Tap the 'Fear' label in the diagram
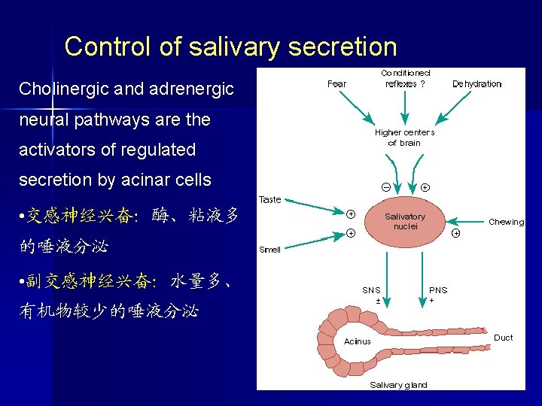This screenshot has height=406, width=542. point(336,83)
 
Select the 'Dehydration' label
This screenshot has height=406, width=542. point(477,83)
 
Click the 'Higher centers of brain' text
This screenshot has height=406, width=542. point(404,138)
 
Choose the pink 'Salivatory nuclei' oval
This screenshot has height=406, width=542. point(405,221)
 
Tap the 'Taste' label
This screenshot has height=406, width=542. point(270,199)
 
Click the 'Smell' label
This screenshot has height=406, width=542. point(269,250)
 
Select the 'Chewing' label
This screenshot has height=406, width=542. point(506,222)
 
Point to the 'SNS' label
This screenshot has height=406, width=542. point(371,289)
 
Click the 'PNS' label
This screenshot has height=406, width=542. point(437,289)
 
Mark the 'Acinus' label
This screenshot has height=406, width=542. point(357,341)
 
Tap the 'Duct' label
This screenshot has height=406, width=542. point(503,338)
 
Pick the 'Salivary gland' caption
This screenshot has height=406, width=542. point(398,385)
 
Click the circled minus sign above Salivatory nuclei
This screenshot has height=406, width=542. point(385,186)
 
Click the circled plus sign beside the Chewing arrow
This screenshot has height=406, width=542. point(456,233)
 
